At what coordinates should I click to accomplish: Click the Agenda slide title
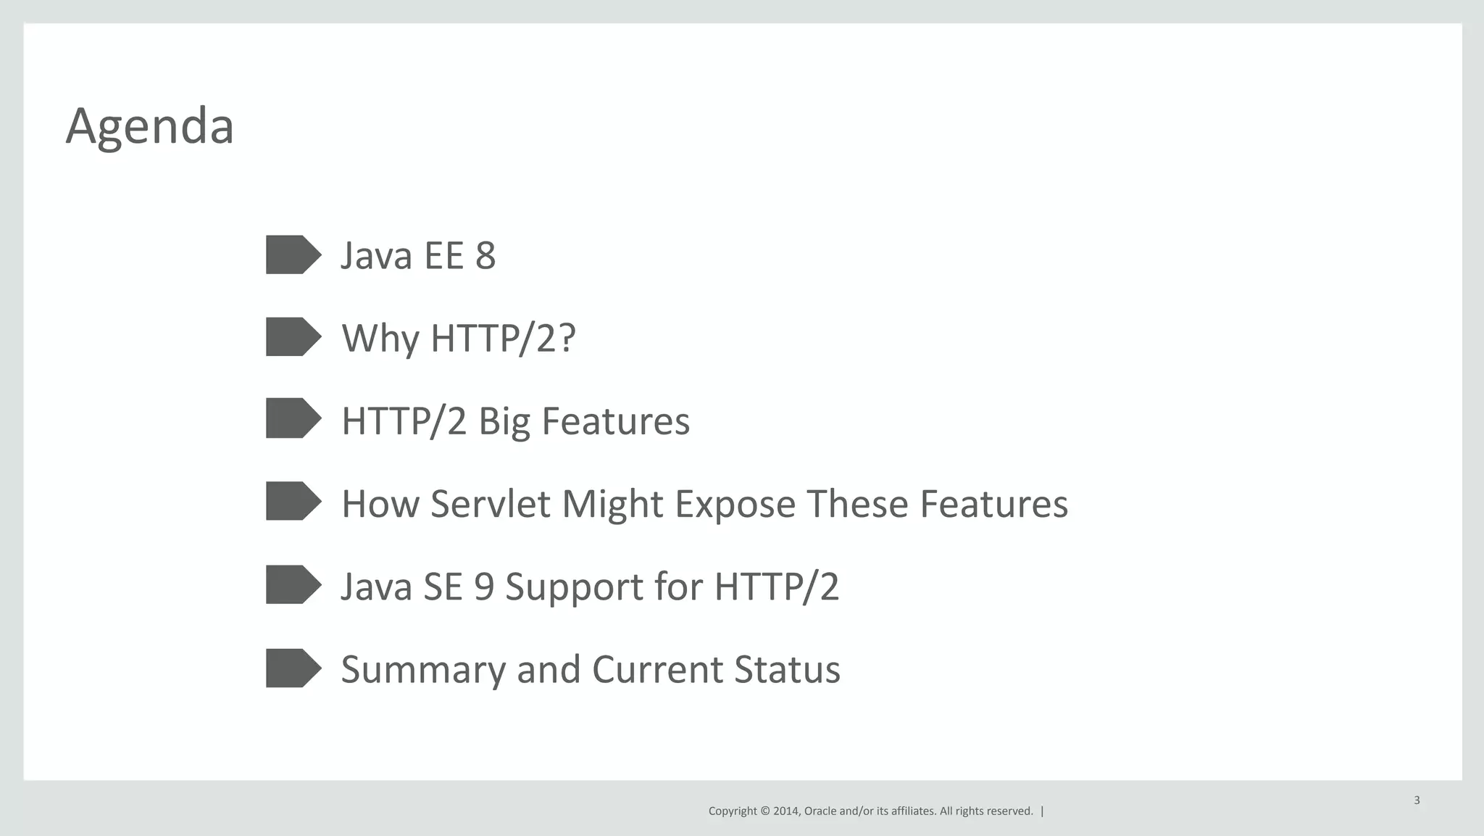[x=149, y=127]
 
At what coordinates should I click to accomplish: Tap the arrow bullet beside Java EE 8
[x=293, y=254]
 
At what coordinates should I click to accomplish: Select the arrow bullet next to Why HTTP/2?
[x=293, y=336]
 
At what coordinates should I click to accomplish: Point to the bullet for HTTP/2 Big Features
[x=293, y=418]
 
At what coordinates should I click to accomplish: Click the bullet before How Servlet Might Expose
[x=293, y=501]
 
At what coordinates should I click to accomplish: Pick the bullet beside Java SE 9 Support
[x=293, y=584]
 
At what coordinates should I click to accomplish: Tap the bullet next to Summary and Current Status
[x=293, y=668]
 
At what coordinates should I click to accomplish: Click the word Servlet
[x=490, y=504]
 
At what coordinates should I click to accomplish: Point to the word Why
[x=380, y=339]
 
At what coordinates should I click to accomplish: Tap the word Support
[x=574, y=587]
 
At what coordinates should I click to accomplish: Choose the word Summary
[x=422, y=670]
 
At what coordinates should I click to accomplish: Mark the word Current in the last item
[x=657, y=669]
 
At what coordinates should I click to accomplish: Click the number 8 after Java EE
[x=485, y=256]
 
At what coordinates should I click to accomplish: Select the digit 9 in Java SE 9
[x=483, y=587]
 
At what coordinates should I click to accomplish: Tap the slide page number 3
[x=1417, y=800]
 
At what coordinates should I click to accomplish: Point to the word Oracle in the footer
[x=820, y=811]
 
